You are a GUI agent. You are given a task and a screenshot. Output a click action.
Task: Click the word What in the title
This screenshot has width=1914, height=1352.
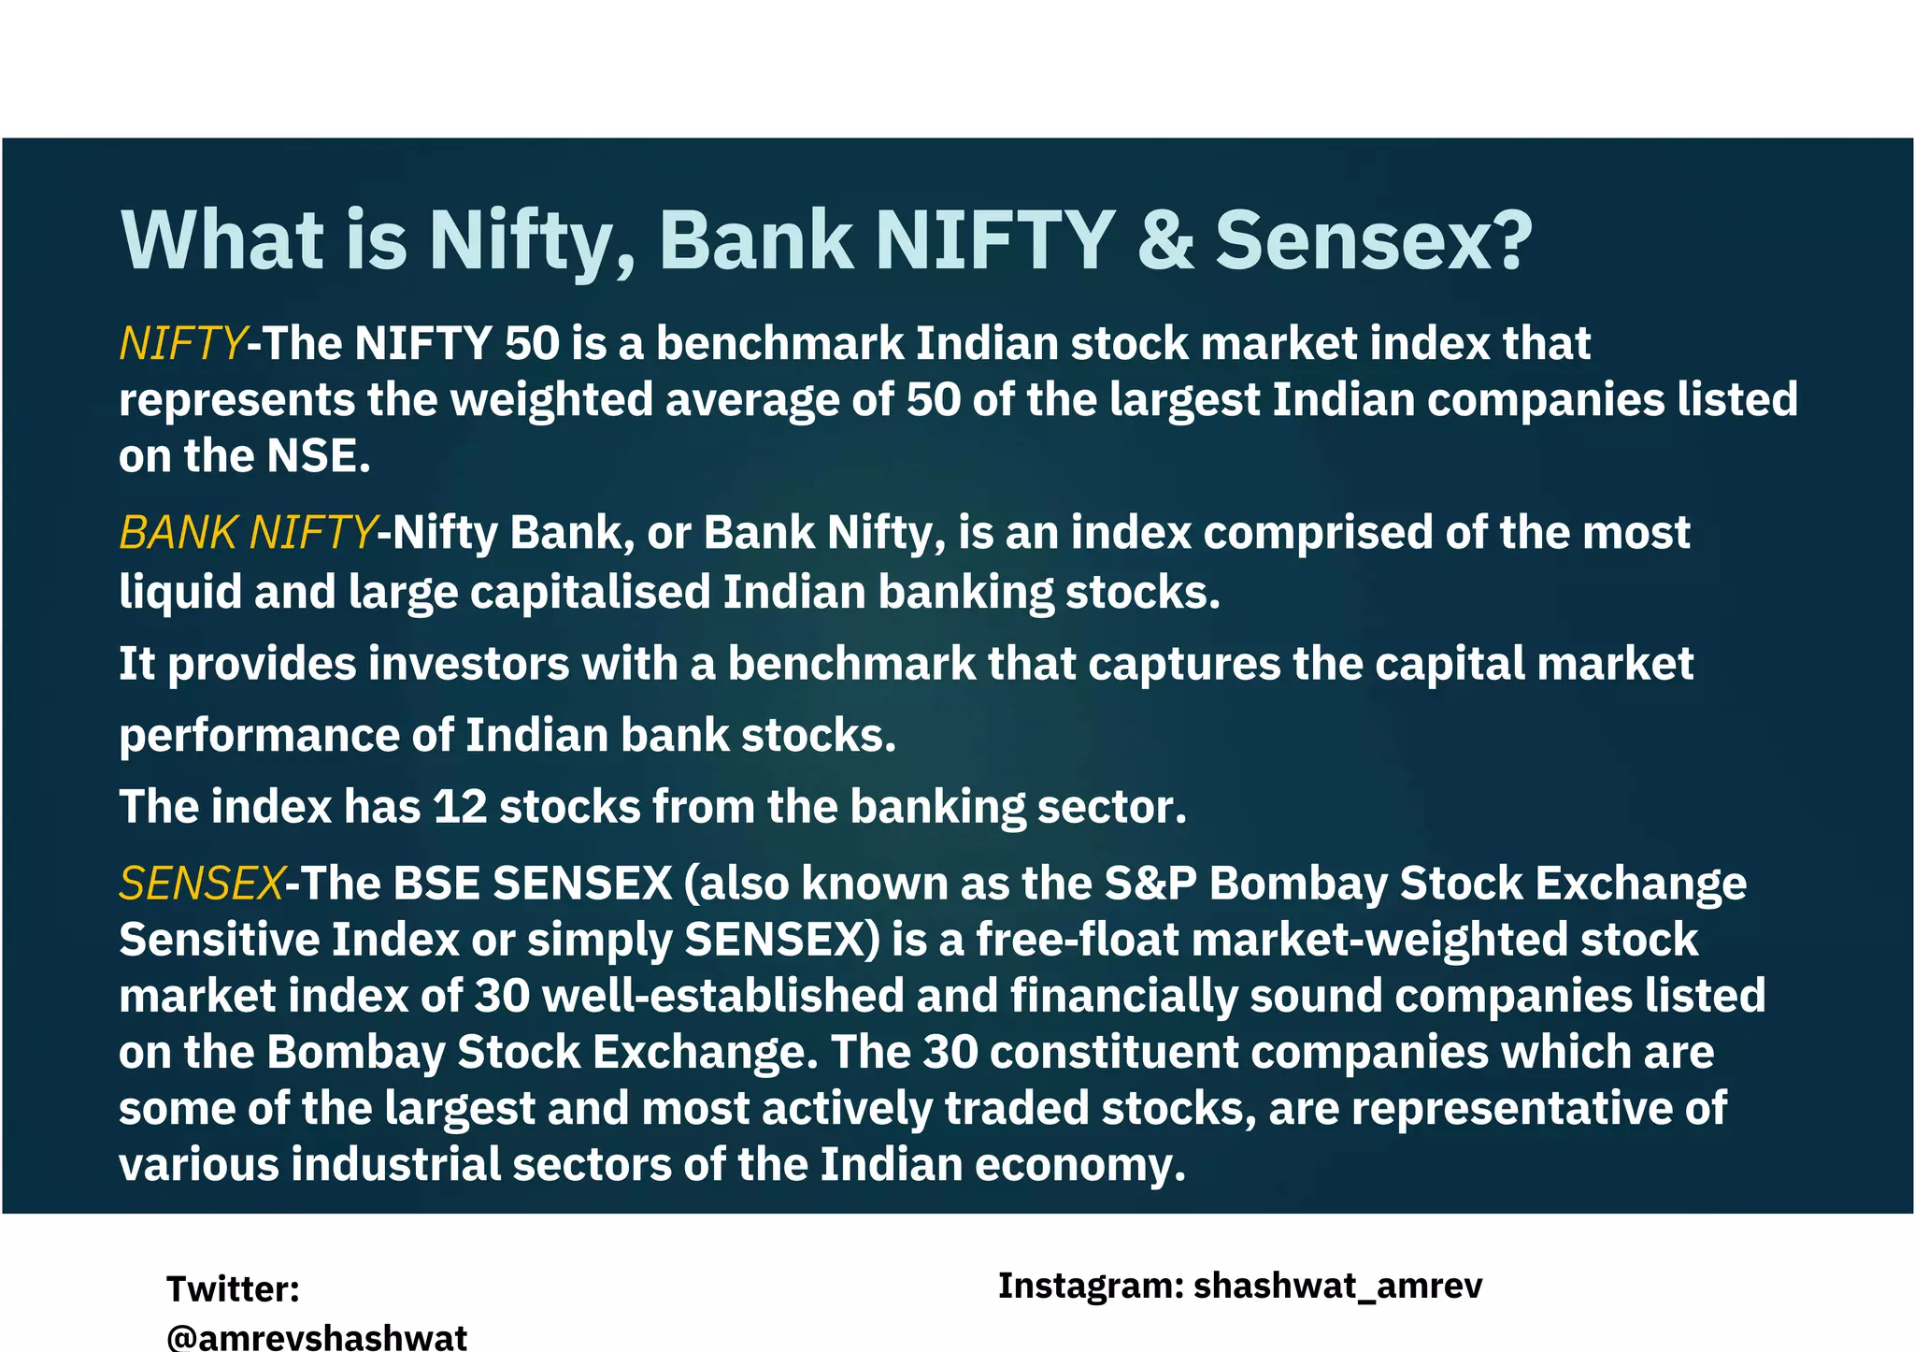(222, 239)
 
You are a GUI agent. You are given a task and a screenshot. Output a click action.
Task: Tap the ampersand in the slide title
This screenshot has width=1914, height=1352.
(1165, 239)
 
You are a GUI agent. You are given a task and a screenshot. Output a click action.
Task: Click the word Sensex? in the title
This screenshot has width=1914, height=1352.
(1374, 239)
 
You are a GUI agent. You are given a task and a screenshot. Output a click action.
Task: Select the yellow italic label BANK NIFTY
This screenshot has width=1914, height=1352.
(247, 533)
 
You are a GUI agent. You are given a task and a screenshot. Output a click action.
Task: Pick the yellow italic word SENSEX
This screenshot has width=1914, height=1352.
(201, 884)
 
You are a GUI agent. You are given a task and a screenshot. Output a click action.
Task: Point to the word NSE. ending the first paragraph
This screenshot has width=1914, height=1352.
(319, 456)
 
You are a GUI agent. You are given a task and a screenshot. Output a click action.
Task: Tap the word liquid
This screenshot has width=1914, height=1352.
(179, 593)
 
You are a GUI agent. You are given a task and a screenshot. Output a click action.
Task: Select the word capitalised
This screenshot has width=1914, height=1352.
(590, 593)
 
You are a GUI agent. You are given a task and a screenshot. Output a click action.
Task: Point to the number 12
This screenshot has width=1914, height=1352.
(460, 807)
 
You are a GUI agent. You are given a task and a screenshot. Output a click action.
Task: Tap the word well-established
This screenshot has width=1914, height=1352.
(722, 996)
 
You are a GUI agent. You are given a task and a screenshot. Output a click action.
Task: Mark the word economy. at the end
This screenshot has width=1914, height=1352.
(1080, 1165)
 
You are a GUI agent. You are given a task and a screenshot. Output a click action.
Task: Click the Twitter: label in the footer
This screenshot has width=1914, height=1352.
(233, 1289)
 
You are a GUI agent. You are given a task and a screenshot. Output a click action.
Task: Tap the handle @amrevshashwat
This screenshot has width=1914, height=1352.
(317, 1337)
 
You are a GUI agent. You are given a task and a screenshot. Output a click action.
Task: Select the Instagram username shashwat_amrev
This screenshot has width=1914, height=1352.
(1337, 1287)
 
